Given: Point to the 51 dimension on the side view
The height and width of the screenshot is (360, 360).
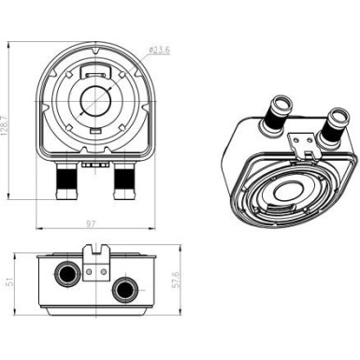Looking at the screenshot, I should point(10,281).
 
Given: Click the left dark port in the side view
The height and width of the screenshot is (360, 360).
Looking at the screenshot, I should point(67,273).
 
